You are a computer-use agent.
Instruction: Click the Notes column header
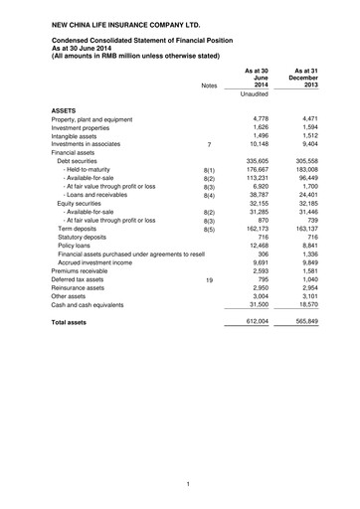pos(208,86)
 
